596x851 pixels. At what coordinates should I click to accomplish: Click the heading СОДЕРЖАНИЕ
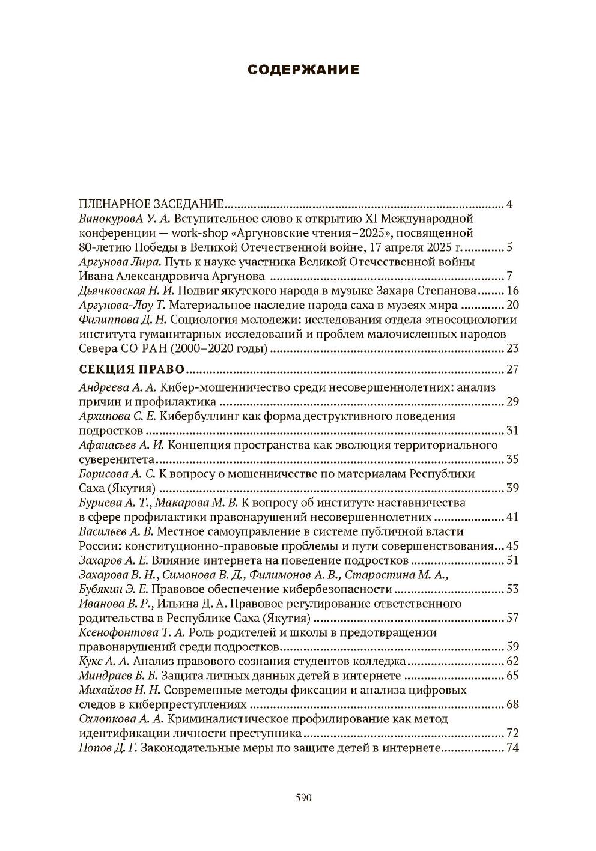[303, 70]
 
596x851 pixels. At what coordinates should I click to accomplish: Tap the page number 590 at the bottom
[303, 798]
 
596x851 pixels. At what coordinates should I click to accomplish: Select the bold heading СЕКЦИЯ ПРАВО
[131, 369]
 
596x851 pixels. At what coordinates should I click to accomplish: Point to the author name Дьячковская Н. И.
[124, 291]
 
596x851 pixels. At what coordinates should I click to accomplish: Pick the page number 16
[512, 291]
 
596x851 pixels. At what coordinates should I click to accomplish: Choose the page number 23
[512, 348]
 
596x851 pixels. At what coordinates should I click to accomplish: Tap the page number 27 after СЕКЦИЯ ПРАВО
[512, 369]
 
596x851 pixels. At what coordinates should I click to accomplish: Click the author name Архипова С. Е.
[117, 416]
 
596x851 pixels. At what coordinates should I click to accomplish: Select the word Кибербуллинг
[197, 416]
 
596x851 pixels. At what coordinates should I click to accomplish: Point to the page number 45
[512, 546]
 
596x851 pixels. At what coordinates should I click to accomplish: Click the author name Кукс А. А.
[105, 661]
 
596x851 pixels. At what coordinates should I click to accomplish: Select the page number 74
[512, 748]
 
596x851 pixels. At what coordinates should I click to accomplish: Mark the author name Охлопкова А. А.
[121, 719]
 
